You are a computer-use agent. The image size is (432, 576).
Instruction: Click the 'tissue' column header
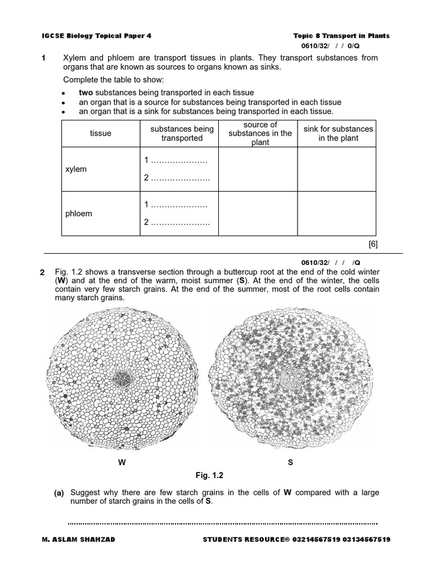pos(100,133)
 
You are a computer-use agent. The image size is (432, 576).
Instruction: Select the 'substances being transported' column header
pos(182,133)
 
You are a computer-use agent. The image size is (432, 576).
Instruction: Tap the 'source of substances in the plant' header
pos(260,133)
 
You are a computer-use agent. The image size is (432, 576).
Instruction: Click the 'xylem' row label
pos(76,169)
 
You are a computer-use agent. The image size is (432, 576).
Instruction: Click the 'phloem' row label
pos(79,214)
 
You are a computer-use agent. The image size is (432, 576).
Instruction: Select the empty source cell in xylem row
pos(258,169)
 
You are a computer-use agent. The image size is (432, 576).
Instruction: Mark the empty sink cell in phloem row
pos(337,214)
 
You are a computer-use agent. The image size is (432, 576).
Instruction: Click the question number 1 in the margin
pos(43,58)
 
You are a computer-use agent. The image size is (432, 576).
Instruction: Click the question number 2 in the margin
pos(43,273)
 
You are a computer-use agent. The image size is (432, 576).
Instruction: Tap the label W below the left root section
pos(121,462)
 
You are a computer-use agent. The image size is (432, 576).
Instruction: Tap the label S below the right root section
pos(290,462)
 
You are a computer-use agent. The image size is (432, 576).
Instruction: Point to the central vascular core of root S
pos(292,376)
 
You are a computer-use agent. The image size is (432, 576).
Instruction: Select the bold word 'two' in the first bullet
pos(85,92)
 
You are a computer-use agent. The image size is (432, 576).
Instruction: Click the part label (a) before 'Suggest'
pos(59,493)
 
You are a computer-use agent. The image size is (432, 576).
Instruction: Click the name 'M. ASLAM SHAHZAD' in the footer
pos(78,539)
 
